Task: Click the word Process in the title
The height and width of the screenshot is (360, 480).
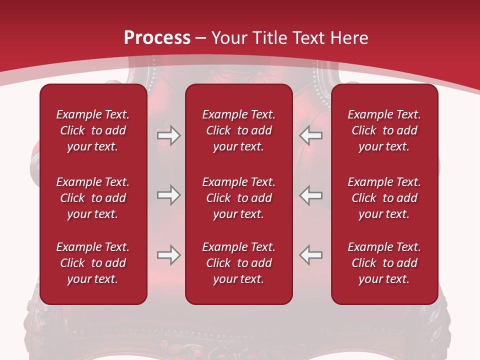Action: point(157,38)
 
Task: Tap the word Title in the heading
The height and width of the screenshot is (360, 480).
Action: point(269,38)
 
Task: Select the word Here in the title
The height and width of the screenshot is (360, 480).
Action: point(349,38)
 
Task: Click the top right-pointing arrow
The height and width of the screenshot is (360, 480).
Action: point(168,135)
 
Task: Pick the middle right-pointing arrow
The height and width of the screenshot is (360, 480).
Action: point(168,195)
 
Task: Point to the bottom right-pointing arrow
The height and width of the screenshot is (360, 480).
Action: point(168,255)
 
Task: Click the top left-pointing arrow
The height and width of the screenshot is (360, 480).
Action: point(311,135)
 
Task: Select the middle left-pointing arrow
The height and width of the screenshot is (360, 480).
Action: point(311,195)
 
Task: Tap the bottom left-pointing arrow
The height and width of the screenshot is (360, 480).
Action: point(311,255)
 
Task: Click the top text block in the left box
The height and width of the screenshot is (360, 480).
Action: point(93,130)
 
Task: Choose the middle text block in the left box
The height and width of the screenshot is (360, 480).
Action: point(93,198)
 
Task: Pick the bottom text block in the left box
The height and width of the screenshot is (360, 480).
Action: point(93,263)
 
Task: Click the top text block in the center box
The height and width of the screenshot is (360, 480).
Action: point(239,130)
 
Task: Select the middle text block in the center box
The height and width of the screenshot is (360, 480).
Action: point(239,198)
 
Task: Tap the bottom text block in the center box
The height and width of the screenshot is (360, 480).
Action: point(239,263)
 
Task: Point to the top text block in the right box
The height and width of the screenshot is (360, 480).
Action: point(384,130)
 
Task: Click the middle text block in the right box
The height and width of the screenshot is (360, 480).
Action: point(384,198)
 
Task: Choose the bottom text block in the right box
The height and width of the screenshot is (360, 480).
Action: point(384,263)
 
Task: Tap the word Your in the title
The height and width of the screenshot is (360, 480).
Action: point(228,38)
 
